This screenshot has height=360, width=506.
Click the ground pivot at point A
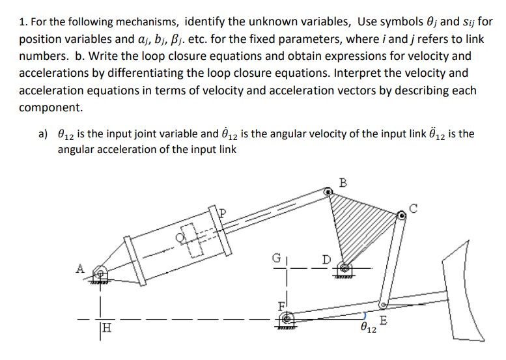(x=98, y=271)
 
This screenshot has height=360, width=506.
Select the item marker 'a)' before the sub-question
(x=44, y=134)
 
